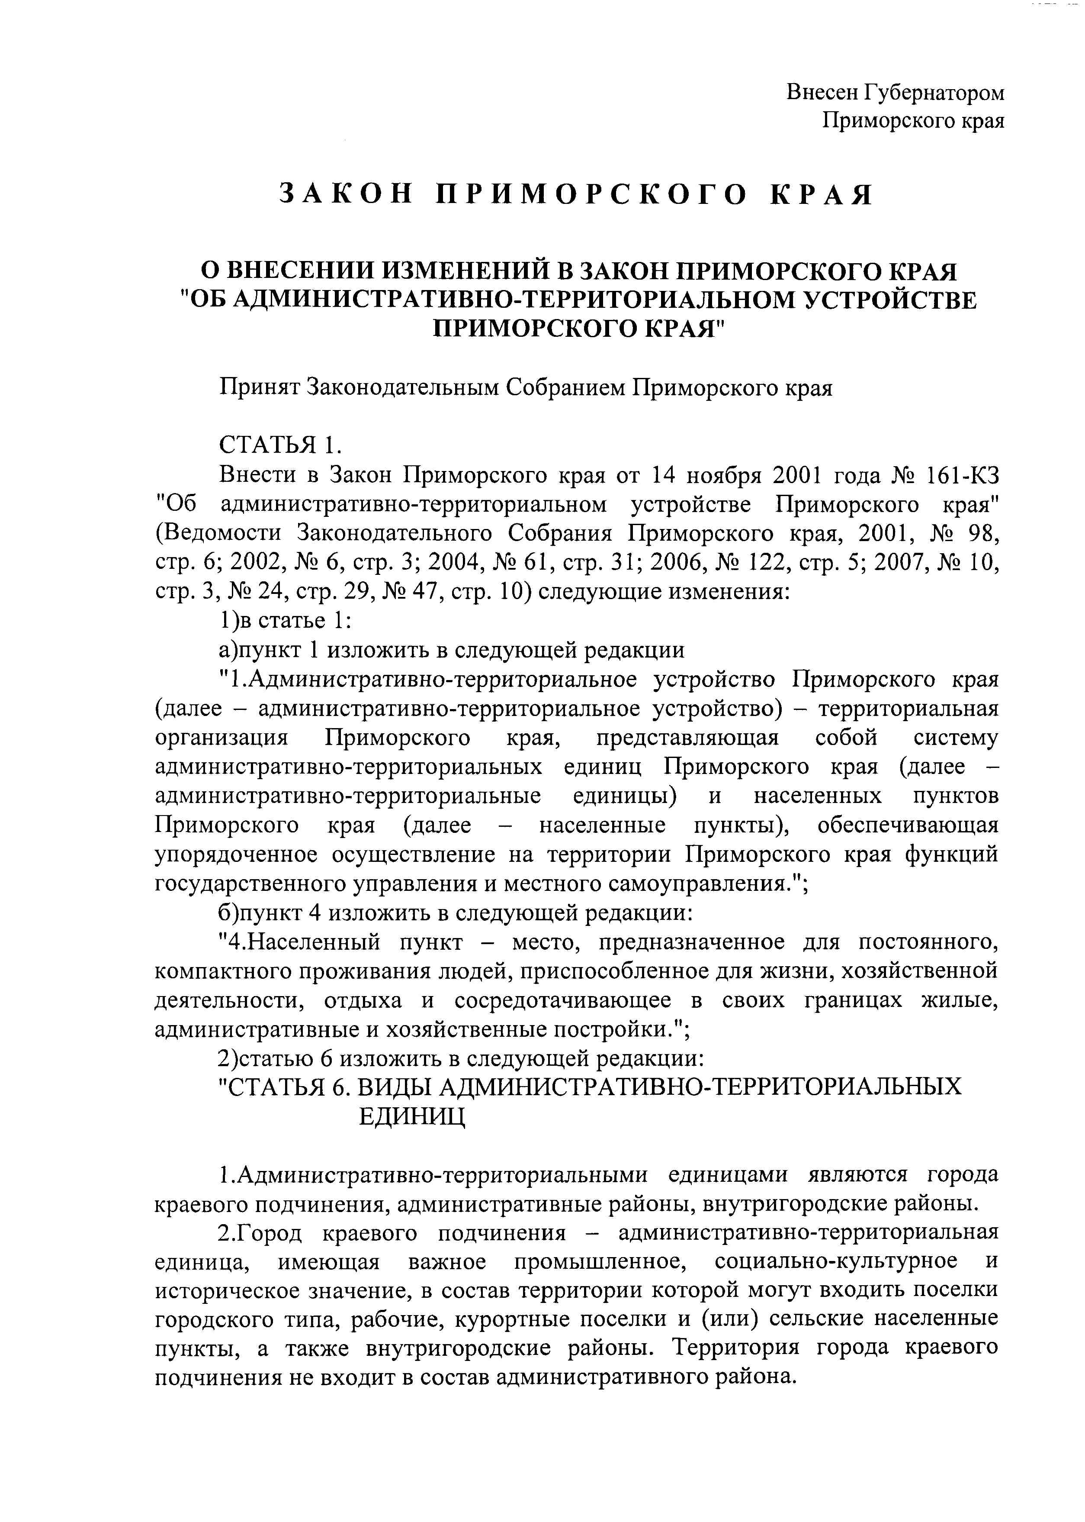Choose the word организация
click(221, 738)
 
